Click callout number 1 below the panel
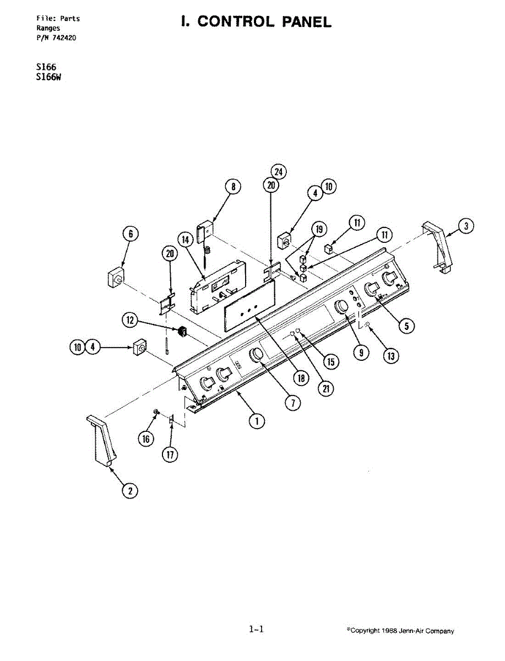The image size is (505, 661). tap(256, 421)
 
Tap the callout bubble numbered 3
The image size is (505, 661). tap(466, 225)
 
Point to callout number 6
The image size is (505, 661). tap(131, 234)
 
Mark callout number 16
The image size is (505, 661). tap(146, 439)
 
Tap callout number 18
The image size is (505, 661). tap(301, 378)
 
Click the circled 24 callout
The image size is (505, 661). tap(279, 172)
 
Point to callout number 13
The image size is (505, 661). tap(390, 356)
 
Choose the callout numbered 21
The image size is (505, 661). tap(326, 388)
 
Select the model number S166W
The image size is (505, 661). tap(48, 77)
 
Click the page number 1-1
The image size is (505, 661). tap(257, 629)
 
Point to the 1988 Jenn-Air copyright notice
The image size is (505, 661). tap(400, 631)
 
